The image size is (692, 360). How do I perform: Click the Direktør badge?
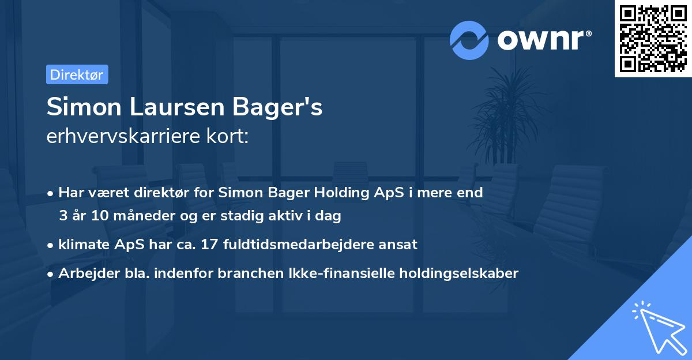77,74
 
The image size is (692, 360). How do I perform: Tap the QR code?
652,39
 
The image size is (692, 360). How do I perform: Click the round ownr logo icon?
469,40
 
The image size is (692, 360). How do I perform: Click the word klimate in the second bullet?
81,244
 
